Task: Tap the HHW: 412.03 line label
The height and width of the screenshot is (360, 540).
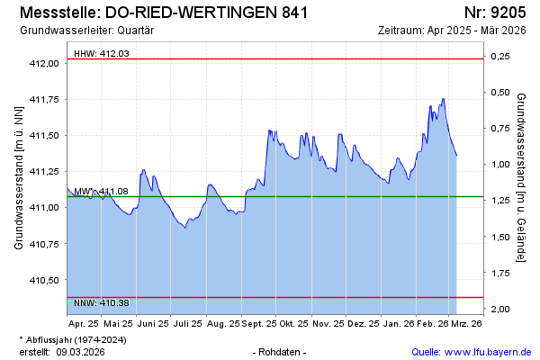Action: (102, 53)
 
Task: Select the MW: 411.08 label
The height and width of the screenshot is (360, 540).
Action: (101, 192)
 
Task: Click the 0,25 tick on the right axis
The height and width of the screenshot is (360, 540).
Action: (499, 57)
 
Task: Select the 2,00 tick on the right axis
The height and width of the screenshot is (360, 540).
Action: (499, 310)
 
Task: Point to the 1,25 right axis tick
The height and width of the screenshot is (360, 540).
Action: (499, 201)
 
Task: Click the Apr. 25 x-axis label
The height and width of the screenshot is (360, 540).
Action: (84, 322)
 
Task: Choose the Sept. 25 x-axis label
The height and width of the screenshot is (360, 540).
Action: (258, 322)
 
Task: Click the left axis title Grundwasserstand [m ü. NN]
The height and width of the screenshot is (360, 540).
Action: (18, 176)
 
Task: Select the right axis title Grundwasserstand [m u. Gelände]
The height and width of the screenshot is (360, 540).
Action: (521, 176)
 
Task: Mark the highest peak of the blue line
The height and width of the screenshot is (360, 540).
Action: (443, 99)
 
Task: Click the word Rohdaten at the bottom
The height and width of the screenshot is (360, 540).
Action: (281, 352)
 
